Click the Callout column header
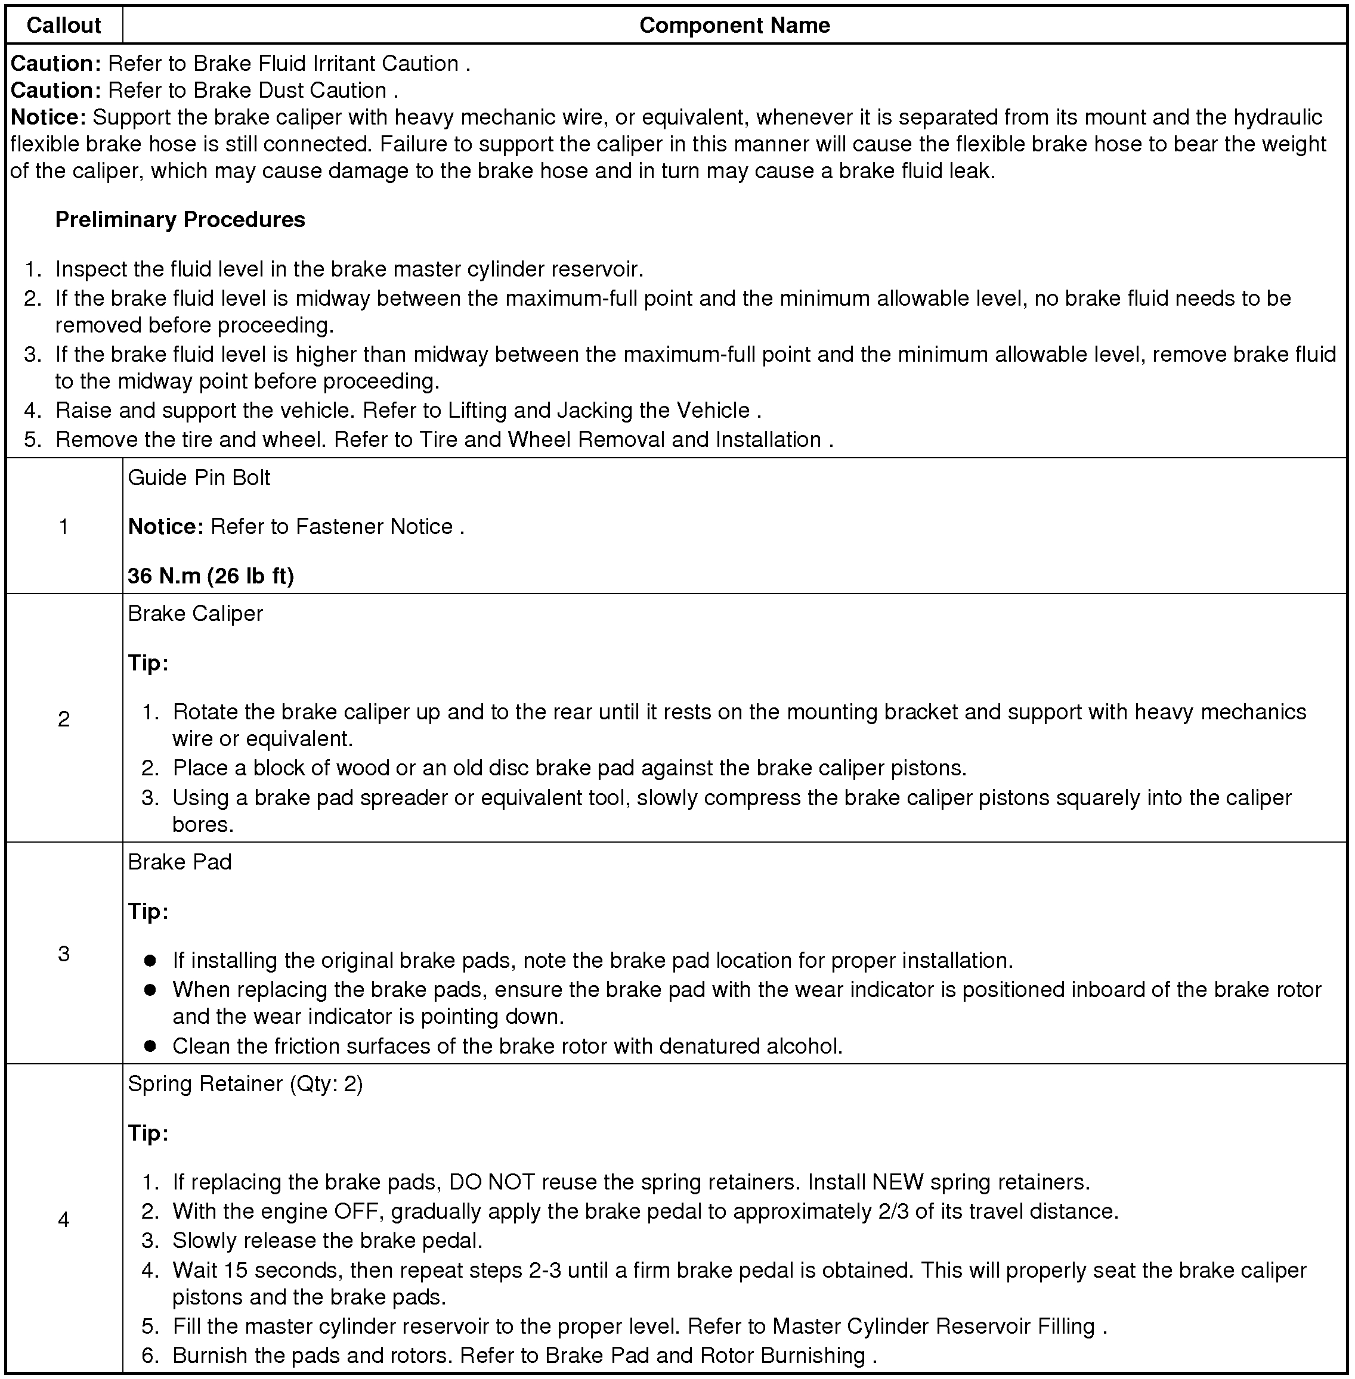tap(63, 26)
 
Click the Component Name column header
tap(734, 26)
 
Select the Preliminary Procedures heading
tap(180, 220)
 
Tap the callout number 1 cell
tap(64, 526)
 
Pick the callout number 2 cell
tap(64, 719)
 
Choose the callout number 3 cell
tap(64, 954)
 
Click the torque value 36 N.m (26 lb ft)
tap(211, 575)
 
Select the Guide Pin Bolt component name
tap(199, 477)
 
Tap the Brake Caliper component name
tap(196, 614)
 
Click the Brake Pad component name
tap(180, 862)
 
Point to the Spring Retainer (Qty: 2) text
tap(246, 1084)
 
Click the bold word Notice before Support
tap(48, 117)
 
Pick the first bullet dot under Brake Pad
tap(150, 961)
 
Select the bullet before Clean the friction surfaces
tap(150, 1046)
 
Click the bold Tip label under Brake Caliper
tap(148, 663)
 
